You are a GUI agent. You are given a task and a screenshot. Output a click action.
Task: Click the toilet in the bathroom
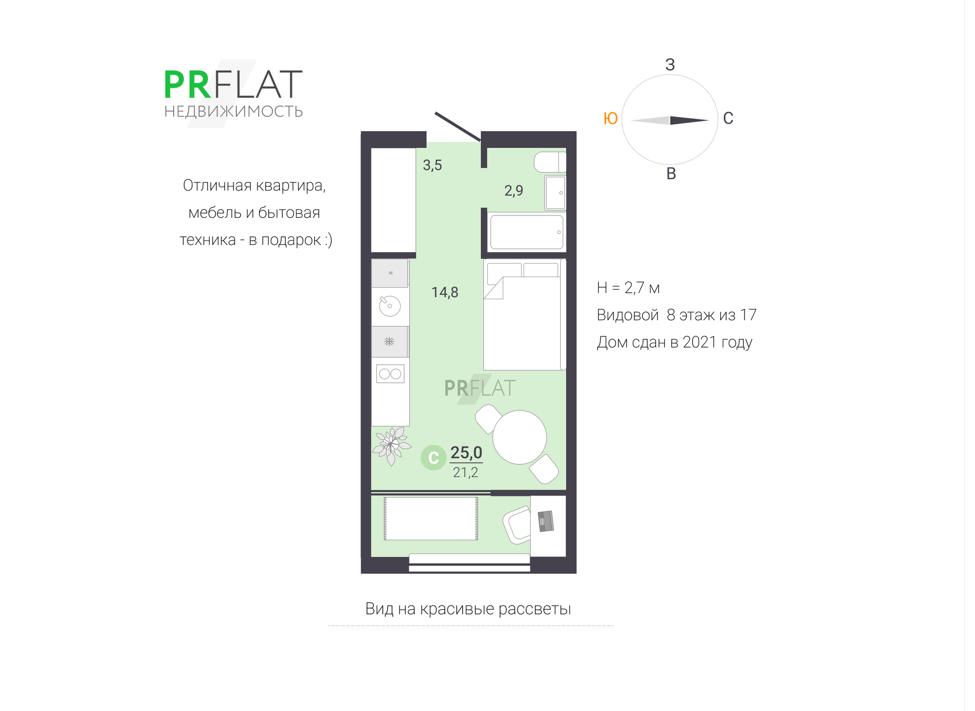549,163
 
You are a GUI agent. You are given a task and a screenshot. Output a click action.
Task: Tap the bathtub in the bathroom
527,232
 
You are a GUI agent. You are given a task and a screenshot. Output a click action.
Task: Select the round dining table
519,437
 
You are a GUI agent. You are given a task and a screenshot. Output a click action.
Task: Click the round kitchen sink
390,306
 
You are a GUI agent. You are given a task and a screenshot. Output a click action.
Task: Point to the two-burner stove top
390,374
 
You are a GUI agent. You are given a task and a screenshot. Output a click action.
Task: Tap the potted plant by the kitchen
391,445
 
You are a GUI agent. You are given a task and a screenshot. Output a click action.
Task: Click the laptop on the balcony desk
546,521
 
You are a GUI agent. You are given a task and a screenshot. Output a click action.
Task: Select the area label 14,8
445,292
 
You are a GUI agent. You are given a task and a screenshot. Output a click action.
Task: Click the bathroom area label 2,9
513,191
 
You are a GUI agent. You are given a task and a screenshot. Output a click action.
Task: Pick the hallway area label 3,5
432,165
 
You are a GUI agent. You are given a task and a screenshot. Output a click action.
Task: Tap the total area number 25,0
466,452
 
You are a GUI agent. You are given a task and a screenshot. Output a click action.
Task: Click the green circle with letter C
433,457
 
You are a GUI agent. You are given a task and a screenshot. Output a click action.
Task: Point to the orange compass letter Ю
610,118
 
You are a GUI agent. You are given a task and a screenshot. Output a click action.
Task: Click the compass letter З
670,65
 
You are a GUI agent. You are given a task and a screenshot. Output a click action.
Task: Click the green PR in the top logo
187,85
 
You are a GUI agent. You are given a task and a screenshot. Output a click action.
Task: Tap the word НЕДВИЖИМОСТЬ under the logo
233,111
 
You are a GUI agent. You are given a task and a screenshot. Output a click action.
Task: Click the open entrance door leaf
458,127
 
